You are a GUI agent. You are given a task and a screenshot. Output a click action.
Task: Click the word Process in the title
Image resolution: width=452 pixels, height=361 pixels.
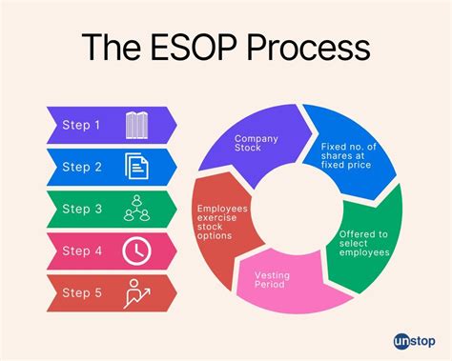(x=298, y=49)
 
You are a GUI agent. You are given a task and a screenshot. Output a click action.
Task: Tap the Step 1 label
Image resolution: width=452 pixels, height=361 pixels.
(x=82, y=125)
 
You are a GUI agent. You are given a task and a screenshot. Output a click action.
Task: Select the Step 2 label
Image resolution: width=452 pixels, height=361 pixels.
(x=82, y=167)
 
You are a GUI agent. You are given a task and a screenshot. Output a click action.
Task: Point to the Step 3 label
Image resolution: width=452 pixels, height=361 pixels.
(x=82, y=209)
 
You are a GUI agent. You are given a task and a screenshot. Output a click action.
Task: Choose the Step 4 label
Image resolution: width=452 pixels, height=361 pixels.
(x=82, y=251)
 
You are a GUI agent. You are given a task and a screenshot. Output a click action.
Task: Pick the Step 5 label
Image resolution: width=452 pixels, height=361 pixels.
(x=82, y=292)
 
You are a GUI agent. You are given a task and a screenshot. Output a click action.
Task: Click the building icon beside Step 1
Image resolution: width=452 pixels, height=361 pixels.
(x=136, y=125)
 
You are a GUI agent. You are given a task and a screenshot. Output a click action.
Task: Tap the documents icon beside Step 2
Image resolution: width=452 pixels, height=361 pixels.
(x=136, y=167)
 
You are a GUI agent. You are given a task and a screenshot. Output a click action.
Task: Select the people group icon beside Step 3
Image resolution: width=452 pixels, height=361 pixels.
(x=136, y=209)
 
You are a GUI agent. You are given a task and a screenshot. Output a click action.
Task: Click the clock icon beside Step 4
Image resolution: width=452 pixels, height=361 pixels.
(x=136, y=251)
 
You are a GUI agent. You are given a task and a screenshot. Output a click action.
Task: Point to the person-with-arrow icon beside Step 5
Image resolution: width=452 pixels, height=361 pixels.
(x=136, y=292)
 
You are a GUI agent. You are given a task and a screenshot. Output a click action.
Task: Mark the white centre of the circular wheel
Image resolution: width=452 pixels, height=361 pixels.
(x=298, y=211)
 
